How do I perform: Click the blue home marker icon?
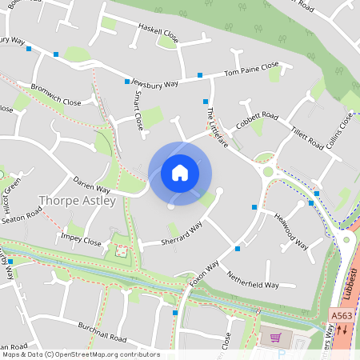coord(180,173)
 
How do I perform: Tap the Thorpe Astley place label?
coord(78,201)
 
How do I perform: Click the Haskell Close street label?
coord(159,33)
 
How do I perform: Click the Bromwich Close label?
coord(56,95)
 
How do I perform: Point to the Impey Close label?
coord(81,240)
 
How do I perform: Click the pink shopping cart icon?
coord(277,338)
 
